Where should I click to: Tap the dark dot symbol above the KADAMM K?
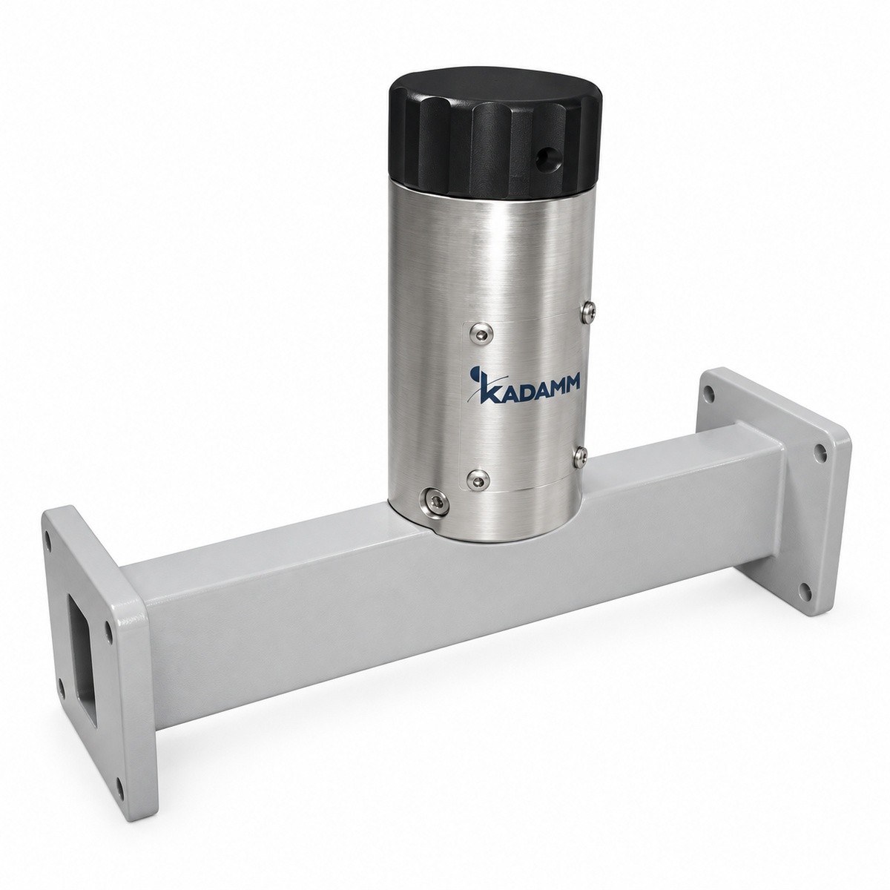473,372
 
